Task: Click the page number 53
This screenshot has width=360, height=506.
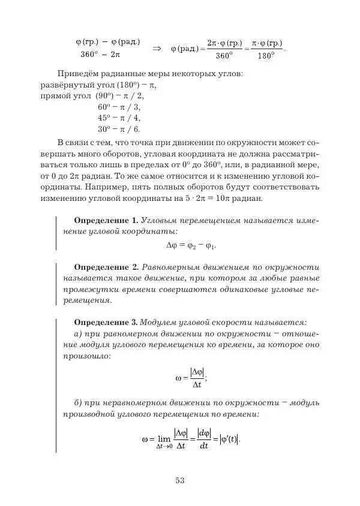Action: tap(180, 480)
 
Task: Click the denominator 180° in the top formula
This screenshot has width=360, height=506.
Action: tap(265, 56)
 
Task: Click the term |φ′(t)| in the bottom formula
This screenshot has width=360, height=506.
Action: tap(229, 438)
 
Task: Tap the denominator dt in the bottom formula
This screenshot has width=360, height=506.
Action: tap(204, 445)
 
